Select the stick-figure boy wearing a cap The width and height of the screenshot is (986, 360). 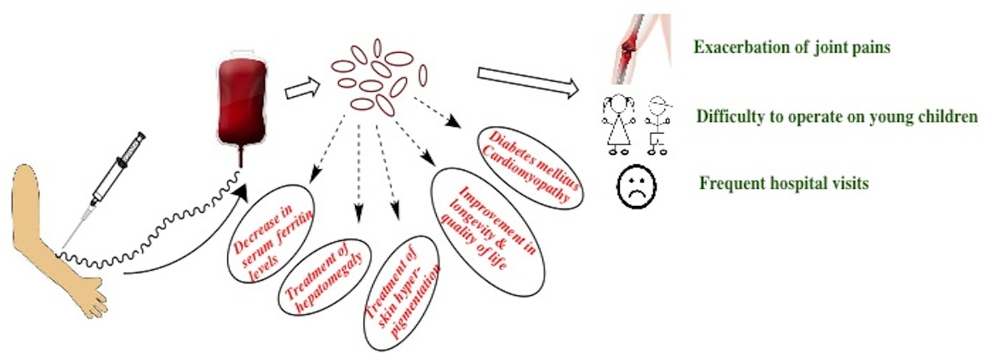coord(657,123)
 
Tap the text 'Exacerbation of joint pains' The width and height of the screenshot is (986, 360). coord(791,48)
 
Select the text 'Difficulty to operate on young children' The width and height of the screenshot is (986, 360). coord(836,117)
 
